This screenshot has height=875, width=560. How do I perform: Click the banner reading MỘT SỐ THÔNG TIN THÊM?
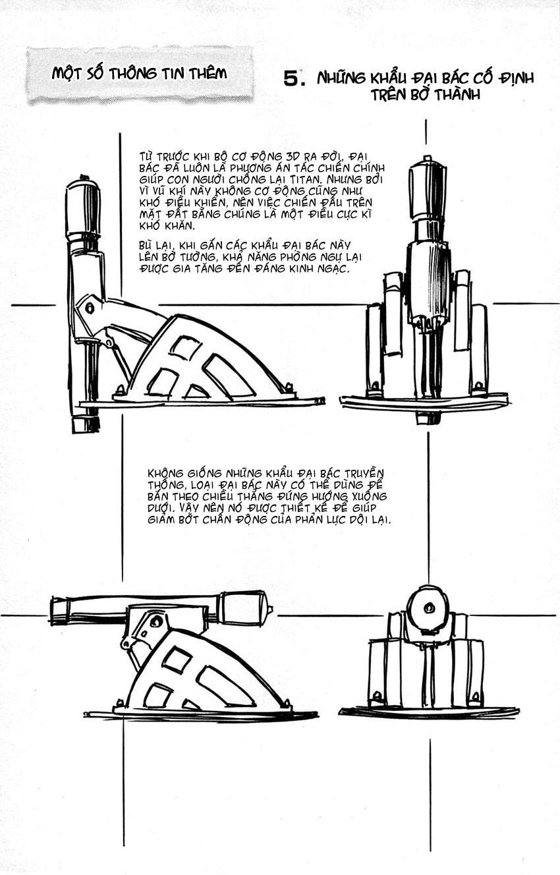point(139,74)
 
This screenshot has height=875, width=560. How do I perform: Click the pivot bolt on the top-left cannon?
point(90,307)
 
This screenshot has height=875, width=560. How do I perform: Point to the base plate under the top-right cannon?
point(424,401)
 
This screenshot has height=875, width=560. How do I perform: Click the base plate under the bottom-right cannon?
point(428,712)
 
